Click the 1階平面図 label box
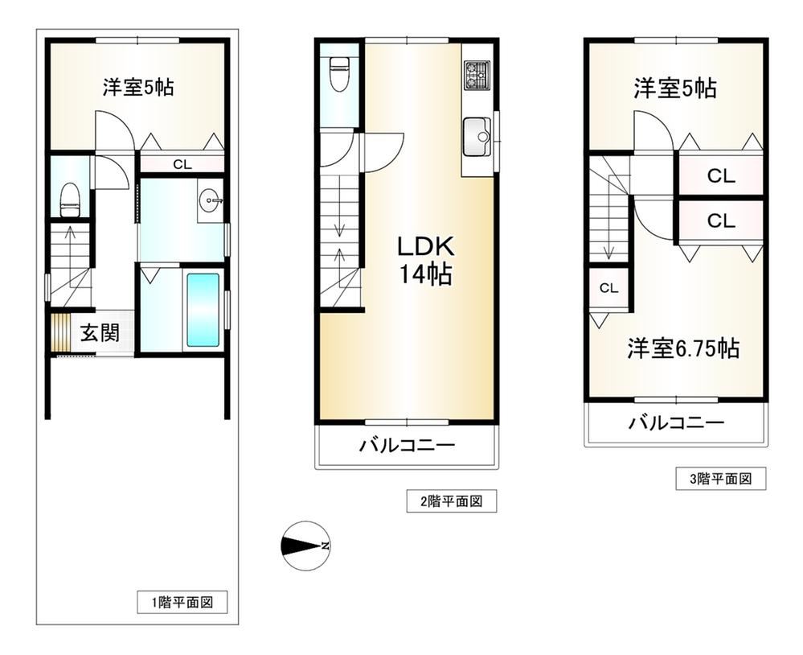point(182,602)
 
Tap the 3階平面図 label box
point(721,479)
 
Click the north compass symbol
point(305,546)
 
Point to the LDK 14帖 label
point(425,261)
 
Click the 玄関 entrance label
point(100,334)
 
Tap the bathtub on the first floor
point(203,311)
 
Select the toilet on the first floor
point(70,200)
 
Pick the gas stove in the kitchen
point(477,75)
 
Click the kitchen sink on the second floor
point(477,137)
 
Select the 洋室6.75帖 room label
point(684,349)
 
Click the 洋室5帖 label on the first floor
point(138,87)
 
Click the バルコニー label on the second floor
point(407,445)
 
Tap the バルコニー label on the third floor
point(677,422)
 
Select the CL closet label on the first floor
point(182,164)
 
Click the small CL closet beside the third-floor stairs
point(609,288)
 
